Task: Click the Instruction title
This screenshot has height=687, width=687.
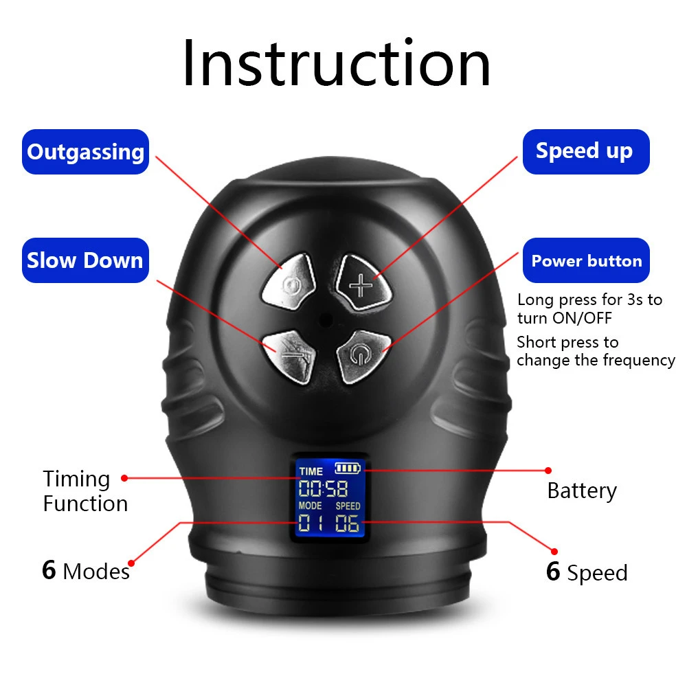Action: point(337,63)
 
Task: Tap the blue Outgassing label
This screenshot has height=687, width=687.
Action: point(86,152)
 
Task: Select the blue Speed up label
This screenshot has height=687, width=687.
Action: point(585,151)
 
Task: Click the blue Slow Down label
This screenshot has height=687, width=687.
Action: point(85,260)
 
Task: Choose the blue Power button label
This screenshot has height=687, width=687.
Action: point(586,261)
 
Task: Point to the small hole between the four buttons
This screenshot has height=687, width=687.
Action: point(325,319)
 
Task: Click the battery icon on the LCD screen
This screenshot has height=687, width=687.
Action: point(348,469)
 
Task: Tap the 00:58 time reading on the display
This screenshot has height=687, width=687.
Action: point(323,489)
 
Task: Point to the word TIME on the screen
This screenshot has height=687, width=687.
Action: point(311,471)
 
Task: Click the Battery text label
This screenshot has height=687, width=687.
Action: point(582,491)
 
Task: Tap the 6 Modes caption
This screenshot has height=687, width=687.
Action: point(85,571)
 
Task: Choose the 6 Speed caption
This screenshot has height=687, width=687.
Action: point(587,572)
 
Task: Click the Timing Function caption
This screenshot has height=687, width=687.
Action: point(85,491)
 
